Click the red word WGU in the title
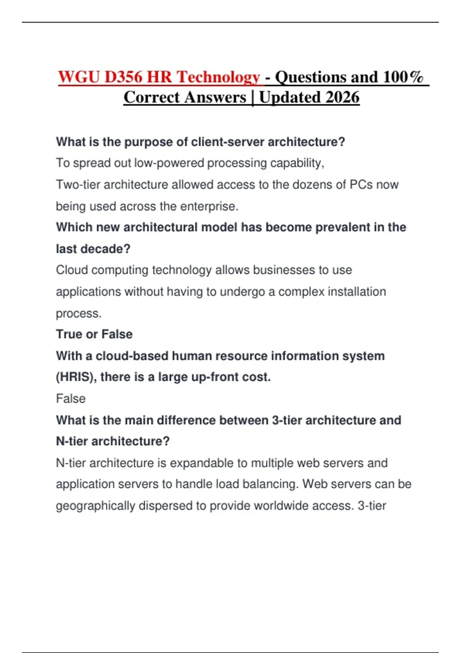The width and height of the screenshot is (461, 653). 78,77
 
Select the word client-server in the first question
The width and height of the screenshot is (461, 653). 228,142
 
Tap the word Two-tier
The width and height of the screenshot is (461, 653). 78,185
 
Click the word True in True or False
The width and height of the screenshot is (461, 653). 69,334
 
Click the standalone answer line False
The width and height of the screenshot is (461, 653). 71,399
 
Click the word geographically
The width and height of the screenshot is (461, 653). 95,506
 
